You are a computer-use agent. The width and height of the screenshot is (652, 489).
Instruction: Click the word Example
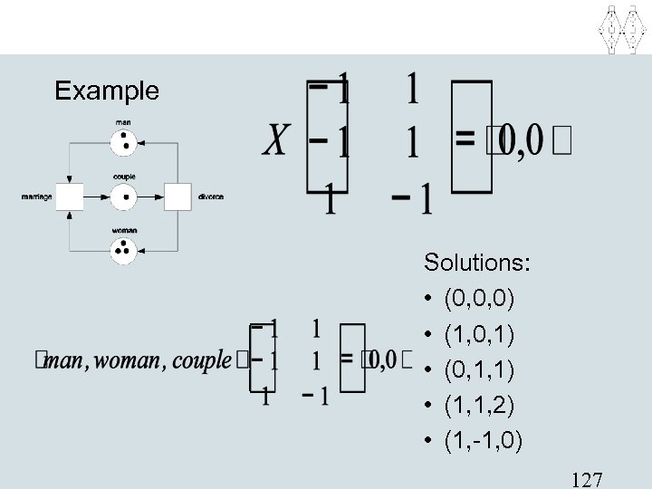[107, 91]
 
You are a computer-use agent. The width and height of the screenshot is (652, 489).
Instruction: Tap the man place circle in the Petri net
[124, 141]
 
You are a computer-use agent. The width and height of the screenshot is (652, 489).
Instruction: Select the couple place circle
[124, 195]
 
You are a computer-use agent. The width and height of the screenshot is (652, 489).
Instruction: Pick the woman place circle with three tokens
[124, 248]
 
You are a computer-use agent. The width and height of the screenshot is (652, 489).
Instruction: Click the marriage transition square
[70, 196]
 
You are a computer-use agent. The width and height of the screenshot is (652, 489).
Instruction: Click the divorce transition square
[178, 196]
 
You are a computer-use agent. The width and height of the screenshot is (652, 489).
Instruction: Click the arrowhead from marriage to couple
[105, 196]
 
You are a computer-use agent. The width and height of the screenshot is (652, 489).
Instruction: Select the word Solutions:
[477, 264]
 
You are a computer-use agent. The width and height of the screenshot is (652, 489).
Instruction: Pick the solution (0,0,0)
[478, 297]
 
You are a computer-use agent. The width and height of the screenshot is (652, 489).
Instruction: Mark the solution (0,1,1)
[478, 369]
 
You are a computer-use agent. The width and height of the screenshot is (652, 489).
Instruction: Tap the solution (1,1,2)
[478, 406]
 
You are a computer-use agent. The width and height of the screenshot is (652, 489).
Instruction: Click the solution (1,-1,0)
[483, 442]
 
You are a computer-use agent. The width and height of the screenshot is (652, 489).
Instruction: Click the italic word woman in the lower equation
[123, 362]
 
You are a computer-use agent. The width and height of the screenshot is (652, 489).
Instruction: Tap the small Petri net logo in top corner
[623, 28]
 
